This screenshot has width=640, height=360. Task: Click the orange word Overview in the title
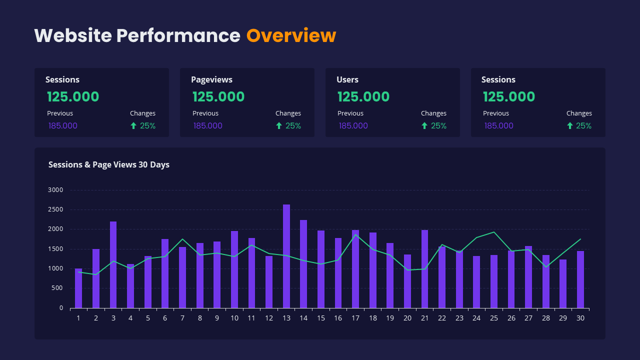coord(291,35)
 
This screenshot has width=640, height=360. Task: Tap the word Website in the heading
coord(73,35)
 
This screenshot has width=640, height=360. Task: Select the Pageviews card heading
coord(211,79)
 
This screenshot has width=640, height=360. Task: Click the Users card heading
coord(347,79)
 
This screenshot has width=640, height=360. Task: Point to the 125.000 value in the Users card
coord(363,96)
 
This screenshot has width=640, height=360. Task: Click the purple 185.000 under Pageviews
coord(208,125)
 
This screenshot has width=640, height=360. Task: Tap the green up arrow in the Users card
coord(424,126)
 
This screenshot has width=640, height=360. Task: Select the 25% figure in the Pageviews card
coord(293,126)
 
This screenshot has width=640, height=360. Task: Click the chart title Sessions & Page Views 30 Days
coord(109,164)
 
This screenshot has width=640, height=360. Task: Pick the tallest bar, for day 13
coord(286,256)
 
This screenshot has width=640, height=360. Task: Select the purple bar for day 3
coord(113,264)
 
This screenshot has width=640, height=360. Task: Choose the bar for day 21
coord(424,269)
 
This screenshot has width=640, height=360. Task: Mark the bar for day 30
coord(580,279)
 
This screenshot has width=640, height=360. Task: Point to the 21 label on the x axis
coord(424,318)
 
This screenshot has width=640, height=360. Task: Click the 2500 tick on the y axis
coord(56,209)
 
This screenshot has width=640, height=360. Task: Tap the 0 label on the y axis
coord(61,308)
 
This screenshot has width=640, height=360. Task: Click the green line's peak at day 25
coord(494,232)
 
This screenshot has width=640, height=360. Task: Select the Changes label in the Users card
coord(433,113)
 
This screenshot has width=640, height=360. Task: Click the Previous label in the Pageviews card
coord(205,113)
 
